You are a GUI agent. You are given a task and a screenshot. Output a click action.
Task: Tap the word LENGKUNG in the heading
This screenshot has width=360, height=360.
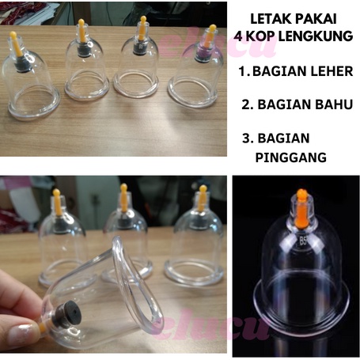tap(316, 36)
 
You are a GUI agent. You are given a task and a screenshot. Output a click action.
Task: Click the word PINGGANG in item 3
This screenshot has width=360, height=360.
tap(291, 157)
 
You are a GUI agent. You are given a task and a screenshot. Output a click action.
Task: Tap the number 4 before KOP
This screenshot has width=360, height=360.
tap(238, 36)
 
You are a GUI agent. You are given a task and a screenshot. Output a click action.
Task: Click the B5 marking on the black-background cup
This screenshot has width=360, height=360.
tap(303, 241)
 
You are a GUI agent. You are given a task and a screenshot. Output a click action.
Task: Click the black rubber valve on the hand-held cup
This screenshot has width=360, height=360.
tap(66, 314)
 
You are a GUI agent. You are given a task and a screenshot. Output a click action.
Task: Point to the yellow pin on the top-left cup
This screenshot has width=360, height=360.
tap(16, 44)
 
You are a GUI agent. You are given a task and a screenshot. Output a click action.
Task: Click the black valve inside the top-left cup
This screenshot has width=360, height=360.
tap(23, 64)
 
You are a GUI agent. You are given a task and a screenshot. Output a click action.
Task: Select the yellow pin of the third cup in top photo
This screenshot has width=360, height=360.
tap(142, 28)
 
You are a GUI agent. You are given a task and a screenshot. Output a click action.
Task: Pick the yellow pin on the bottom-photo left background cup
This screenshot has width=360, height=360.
tap(57, 202)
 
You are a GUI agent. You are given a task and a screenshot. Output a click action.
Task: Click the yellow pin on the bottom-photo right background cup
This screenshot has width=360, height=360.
tap(202, 199)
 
